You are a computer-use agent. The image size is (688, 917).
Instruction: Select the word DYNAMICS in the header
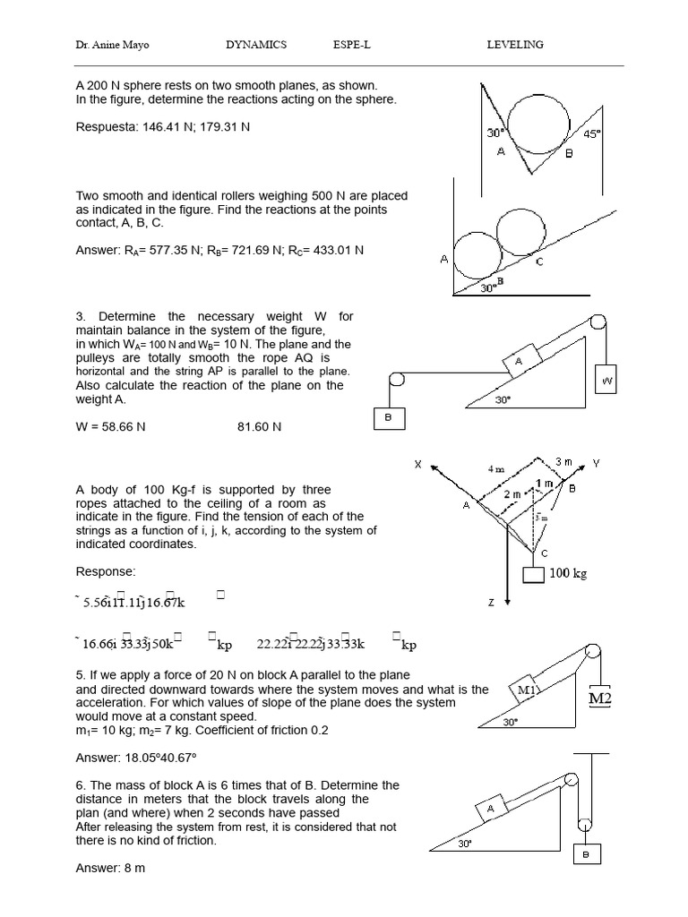(256, 45)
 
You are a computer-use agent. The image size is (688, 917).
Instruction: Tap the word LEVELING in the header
(514, 45)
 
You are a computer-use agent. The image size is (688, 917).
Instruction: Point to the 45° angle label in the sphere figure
(592, 134)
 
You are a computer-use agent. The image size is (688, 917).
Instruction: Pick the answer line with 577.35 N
(219, 251)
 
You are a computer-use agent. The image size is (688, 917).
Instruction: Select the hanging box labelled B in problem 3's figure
(390, 418)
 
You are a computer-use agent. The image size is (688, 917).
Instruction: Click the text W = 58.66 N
(110, 427)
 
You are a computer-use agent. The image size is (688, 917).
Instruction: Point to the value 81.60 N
(259, 427)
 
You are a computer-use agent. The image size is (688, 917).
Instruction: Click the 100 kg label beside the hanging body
(568, 573)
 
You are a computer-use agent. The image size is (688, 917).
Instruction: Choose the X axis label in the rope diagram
(417, 464)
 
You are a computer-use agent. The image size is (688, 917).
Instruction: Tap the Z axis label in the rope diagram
(491, 603)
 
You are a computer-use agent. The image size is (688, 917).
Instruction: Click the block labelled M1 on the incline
(527, 689)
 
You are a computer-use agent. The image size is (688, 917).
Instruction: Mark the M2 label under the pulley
(599, 698)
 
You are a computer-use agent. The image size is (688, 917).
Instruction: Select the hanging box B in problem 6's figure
(586, 854)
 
